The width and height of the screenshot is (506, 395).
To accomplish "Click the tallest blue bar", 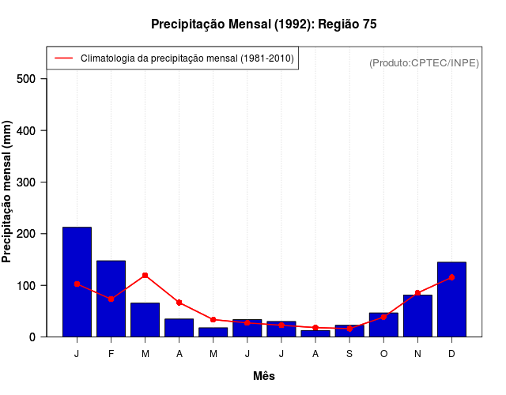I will point(77,281).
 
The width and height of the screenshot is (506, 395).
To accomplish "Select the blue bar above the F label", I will point(111,298).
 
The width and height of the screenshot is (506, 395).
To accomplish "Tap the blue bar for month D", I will point(451,299).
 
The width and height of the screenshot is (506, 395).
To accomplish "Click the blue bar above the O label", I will point(383,325).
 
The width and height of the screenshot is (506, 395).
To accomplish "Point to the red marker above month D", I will point(451,277).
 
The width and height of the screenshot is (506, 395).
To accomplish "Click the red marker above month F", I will point(111,299).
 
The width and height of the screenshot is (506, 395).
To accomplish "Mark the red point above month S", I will point(349,329).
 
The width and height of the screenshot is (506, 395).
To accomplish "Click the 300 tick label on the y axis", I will point(26,182).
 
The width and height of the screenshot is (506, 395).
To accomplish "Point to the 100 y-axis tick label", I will point(26,285).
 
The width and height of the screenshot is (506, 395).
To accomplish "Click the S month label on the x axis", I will point(349,354).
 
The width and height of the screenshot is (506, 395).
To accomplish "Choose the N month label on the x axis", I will point(417,354).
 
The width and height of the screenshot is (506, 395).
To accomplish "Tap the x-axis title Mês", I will point(264,377).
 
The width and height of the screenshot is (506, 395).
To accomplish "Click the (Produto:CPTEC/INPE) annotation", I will point(424,62).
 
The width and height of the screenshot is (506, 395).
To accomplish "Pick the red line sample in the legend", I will point(63,58).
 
